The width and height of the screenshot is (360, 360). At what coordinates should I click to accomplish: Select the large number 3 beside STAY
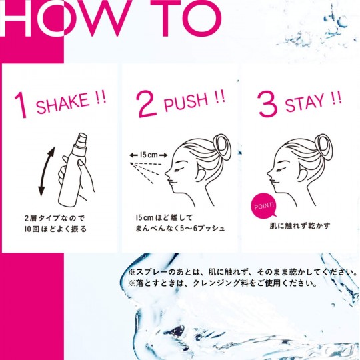[267, 104]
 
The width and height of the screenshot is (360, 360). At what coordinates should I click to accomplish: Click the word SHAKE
[63, 103]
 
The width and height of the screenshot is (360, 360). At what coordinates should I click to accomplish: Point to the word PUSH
[186, 103]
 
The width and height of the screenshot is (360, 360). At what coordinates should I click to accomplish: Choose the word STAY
[305, 103]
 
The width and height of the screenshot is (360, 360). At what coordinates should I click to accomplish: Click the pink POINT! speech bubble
[264, 205]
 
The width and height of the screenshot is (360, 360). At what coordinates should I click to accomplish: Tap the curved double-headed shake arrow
[47, 171]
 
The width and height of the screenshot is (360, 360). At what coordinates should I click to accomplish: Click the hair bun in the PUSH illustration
[221, 147]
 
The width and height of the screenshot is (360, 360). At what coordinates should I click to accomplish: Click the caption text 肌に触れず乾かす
[300, 226]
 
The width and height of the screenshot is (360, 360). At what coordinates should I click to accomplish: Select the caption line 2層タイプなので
[55, 218]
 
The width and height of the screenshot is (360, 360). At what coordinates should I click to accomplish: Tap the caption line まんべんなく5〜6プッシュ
[180, 229]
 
